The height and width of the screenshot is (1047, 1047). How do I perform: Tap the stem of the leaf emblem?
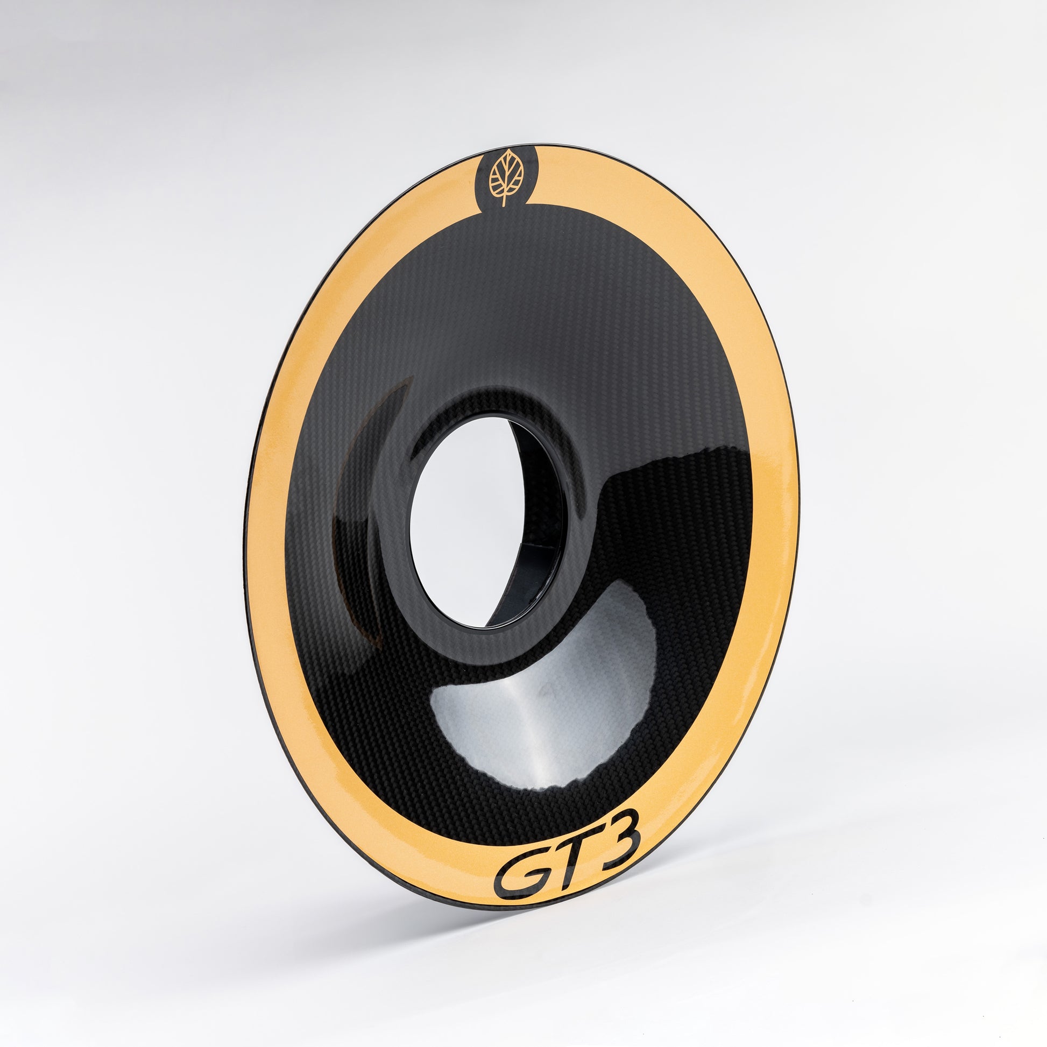(504, 200)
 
